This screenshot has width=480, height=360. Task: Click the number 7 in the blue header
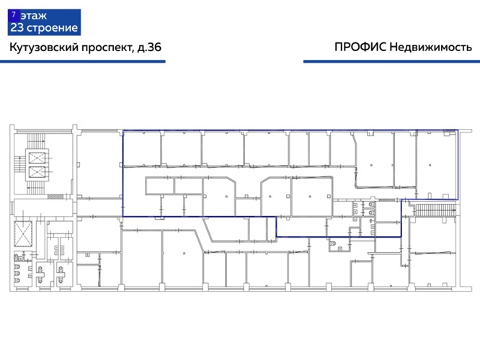pos(13,14)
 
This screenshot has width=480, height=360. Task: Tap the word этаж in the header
pos(34,15)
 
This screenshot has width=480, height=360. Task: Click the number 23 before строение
pos(17,28)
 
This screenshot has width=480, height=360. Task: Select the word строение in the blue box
pos(53,29)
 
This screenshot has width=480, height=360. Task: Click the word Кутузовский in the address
pos(44,48)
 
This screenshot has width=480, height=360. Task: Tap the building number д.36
pos(149,48)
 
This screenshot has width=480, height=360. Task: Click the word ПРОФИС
pos(360,48)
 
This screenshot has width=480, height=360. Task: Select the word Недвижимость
pos(431,48)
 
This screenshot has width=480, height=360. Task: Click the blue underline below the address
pos(83,61)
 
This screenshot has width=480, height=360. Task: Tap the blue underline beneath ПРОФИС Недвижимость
pos(391,61)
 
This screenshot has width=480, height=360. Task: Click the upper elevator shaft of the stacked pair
pos(37,158)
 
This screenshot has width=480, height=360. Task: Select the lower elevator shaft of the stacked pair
pos(37,172)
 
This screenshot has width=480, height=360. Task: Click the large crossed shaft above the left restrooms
pos(23,234)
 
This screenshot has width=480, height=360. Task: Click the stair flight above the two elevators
pos(36,140)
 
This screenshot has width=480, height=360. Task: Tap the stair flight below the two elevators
pos(36,188)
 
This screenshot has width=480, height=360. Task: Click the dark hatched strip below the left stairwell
pos(55,197)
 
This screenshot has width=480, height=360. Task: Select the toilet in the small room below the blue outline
pos(333,244)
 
